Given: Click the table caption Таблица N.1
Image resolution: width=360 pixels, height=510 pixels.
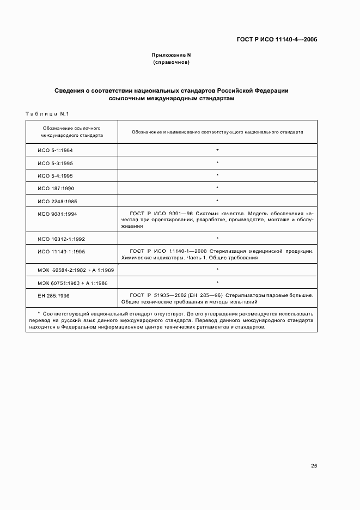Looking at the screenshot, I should point(46,113).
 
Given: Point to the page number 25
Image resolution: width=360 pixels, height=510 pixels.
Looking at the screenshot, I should point(314,466).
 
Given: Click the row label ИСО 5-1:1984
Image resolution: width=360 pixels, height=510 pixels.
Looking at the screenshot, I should point(56,150).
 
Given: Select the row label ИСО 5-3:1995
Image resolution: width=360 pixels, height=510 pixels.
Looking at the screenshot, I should point(56,163).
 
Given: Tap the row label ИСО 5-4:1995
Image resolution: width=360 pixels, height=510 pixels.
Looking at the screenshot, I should point(56,175).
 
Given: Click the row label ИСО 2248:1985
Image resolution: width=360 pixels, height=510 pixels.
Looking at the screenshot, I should point(56,201).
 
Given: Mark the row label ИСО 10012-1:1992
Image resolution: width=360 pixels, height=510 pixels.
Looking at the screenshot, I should point(61,239).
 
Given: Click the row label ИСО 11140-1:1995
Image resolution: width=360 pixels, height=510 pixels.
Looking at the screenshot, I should point(61,252).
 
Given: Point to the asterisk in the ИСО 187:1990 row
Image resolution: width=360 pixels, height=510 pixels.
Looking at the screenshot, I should point(217,188).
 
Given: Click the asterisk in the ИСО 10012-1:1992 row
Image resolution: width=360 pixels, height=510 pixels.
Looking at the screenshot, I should point(217,239).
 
